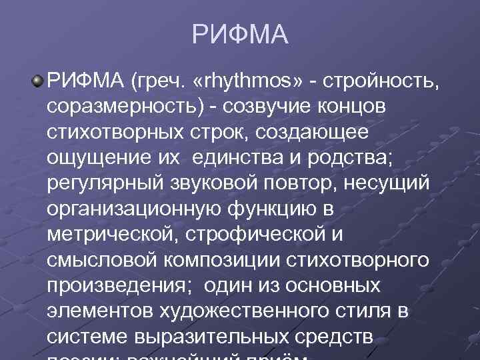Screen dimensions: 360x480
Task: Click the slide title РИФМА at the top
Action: pos(240,34)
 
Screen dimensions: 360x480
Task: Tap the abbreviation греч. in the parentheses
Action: pos(159,82)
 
